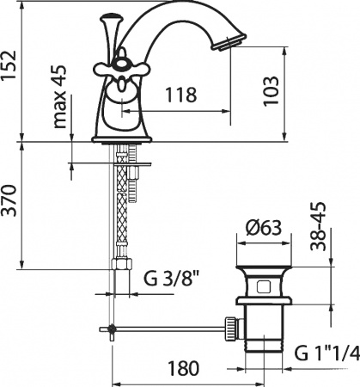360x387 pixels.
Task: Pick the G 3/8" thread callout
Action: (x=174, y=279)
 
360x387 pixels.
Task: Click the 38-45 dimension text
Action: (x=320, y=225)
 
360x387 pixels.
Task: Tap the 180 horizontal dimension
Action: (x=178, y=367)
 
